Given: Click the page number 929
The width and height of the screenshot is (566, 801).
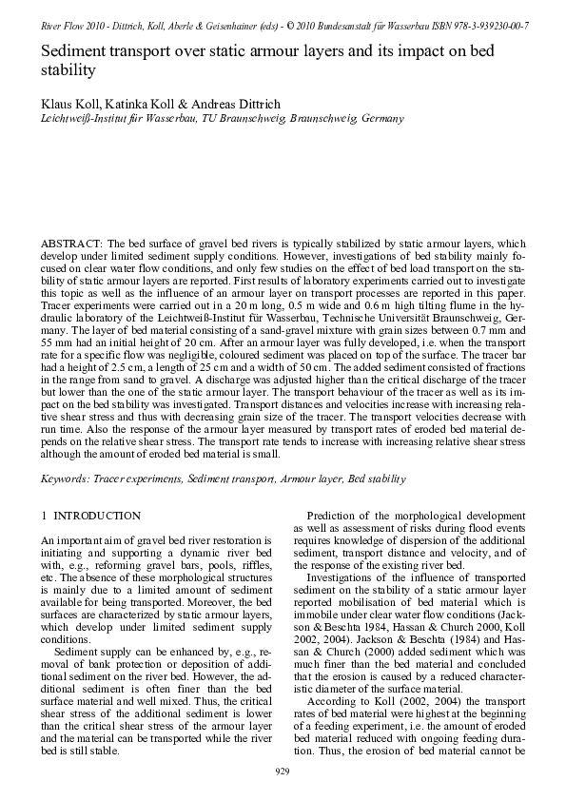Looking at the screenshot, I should coord(283,770).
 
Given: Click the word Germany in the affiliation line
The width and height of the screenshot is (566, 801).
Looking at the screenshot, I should coord(380,119).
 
